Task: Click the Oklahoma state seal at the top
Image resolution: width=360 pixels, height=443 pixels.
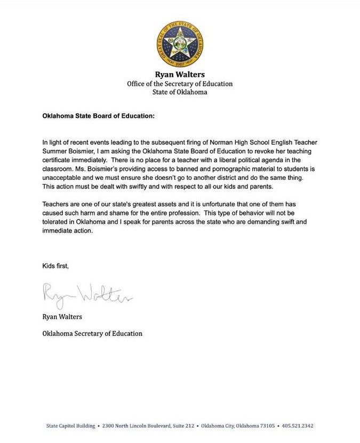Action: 180,44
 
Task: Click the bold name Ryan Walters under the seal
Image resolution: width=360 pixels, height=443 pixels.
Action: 179,74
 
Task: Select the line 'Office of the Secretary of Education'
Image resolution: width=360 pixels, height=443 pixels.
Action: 180,83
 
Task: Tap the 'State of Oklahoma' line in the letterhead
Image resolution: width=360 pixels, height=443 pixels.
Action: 180,92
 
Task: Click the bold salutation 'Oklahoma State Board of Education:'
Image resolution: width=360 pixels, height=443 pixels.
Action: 99,115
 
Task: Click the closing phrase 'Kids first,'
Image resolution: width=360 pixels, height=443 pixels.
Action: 55,266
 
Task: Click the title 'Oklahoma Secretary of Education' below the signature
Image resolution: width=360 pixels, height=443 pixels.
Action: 92,334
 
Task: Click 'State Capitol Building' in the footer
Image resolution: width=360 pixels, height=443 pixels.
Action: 67,426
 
